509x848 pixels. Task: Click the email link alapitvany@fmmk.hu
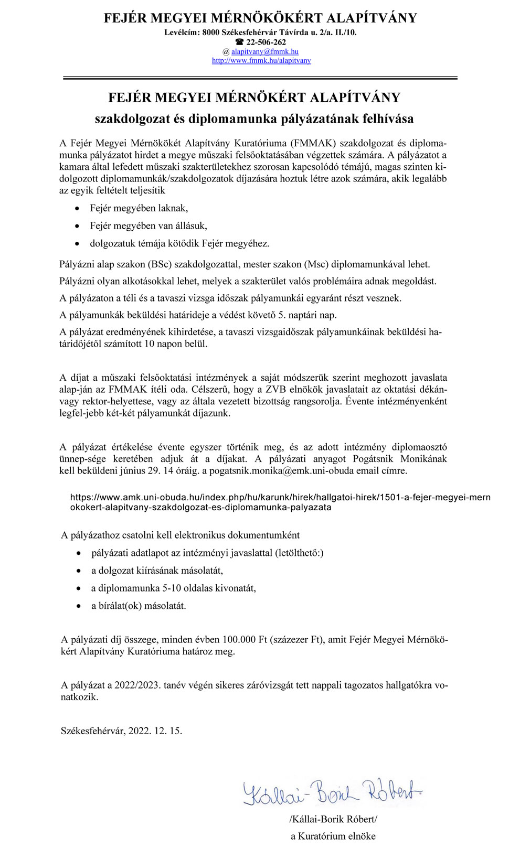(x=265, y=51)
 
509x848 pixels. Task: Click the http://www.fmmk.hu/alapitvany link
(x=261, y=60)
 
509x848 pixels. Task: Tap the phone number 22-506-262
(x=266, y=42)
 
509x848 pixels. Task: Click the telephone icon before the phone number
(x=240, y=42)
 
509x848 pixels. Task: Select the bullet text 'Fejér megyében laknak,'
(x=139, y=208)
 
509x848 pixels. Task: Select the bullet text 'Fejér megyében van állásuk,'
(x=149, y=226)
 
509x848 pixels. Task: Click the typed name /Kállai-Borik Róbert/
(x=333, y=819)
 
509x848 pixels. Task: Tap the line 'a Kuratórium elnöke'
(x=333, y=836)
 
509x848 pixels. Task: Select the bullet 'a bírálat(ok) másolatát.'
(x=139, y=606)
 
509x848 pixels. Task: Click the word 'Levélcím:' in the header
(x=182, y=33)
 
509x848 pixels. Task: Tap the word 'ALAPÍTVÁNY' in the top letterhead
(x=372, y=18)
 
